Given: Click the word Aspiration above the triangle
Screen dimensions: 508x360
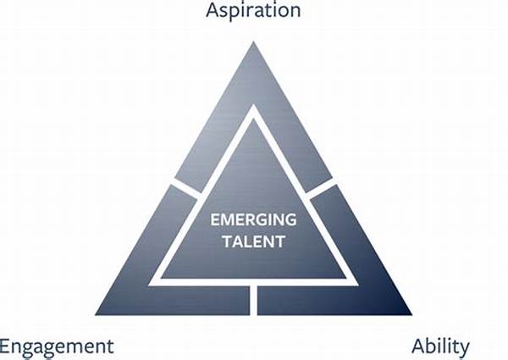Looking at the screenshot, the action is [x=253, y=10].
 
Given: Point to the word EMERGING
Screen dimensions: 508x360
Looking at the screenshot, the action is [x=253, y=219].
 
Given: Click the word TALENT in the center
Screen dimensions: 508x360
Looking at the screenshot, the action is [x=254, y=241].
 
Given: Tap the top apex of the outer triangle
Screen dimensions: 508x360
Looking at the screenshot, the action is [x=253, y=42].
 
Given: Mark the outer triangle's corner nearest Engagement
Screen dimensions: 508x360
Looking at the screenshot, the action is [x=96, y=315].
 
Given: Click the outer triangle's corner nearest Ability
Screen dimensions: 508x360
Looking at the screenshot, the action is [x=411, y=315].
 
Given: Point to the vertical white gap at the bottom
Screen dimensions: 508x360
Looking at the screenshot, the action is [x=254, y=301].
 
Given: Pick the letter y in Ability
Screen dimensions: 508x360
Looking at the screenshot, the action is [x=464, y=350].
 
